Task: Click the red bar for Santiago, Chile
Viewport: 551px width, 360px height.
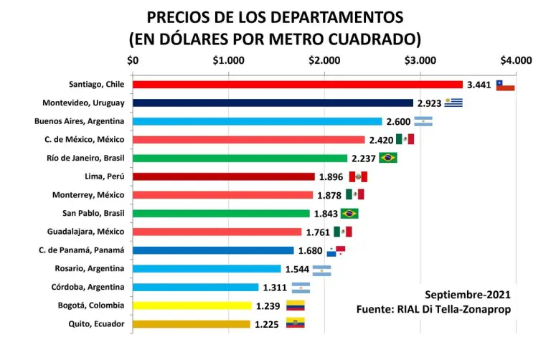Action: pyautogui.click(x=298, y=85)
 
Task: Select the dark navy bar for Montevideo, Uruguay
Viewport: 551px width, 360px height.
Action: pyautogui.click(x=273, y=103)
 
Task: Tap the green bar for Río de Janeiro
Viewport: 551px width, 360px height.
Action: pyautogui.click(x=240, y=158)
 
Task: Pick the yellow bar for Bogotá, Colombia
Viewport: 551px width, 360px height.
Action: pyautogui.click(x=192, y=305)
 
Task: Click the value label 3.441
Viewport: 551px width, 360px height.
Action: pyautogui.click(x=479, y=85)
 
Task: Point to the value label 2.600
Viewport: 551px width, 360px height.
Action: pyautogui.click(x=398, y=122)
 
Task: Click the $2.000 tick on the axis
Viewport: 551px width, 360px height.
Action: pyautogui.click(x=324, y=60)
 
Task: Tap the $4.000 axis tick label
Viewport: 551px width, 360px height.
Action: pyautogui.click(x=516, y=60)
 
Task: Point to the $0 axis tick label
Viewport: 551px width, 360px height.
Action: pyautogui.click(x=133, y=60)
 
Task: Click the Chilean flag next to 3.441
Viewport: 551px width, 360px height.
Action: pyautogui.click(x=505, y=85)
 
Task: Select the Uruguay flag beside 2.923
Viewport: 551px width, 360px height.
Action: pyautogui.click(x=453, y=103)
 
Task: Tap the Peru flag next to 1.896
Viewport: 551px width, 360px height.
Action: pyautogui.click(x=358, y=177)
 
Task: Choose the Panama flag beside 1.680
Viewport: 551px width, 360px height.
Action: pyautogui.click(x=336, y=250)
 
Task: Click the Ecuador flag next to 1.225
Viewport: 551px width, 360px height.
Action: pyautogui.click(x=296, y=324)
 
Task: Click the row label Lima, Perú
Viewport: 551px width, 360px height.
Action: pyautogui.click(x=104, y=176)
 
